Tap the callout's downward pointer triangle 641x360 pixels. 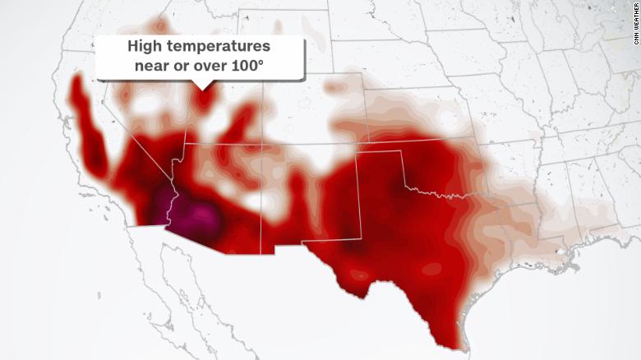pyautogui.click(x=201, y=85)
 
